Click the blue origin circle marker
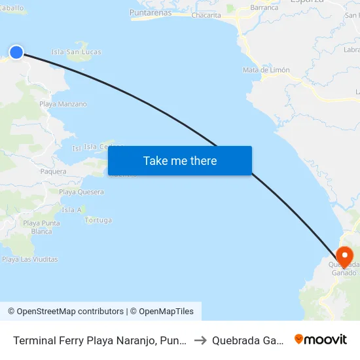tap(16, 52)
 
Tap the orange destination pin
tap(344, 257)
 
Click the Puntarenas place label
tap(151, 12)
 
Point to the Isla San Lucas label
tap(77, 52)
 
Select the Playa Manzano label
tap(63, 104)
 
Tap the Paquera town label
tap(53, 171)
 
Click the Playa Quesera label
tap(81, 192)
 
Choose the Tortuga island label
tap(98, 220)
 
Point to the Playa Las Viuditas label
tap(30, 259)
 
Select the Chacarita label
tap(206, 15)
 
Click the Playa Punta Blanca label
tap(41, 227)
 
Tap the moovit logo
tap(321, 339)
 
